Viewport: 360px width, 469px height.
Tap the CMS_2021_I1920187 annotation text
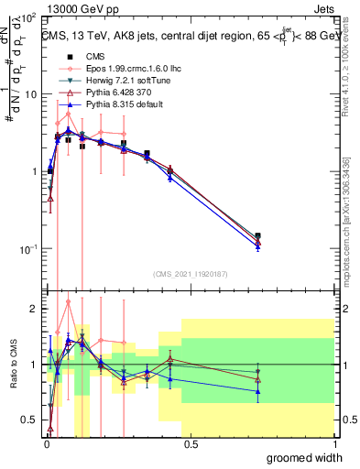pyautogui.click(x=190, y=274)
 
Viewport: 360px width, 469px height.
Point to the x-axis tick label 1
pyautogui.click(x=334, y=443)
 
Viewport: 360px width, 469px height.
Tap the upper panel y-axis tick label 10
pyautogui.click(x=27, y=94)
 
